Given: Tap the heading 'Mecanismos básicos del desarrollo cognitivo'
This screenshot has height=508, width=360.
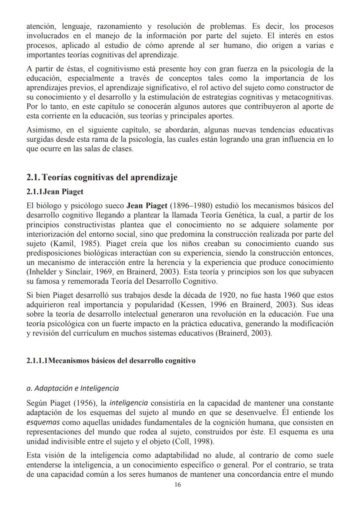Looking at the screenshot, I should (x=123, y=360).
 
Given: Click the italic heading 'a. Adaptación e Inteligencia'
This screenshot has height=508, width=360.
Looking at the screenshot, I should (x=73, y=388).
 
